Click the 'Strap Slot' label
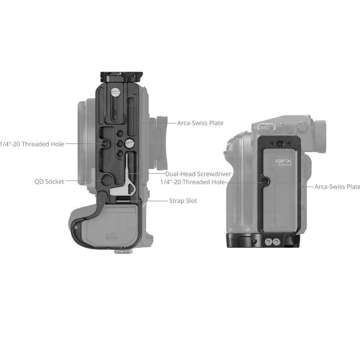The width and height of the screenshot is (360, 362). (x=183, y=201)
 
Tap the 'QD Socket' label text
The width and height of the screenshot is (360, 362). (x=49, y=181)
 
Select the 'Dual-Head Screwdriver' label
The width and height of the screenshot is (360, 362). (x=198, y=174)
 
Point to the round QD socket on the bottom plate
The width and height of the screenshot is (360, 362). (x=106, y=180)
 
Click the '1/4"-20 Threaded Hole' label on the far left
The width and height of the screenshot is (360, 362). (x=32, y=144)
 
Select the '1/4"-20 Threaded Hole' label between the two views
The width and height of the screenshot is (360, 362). (x=192, y=182)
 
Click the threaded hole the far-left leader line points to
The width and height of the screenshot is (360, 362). (x=105, y=143)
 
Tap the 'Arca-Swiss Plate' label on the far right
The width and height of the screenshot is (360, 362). (x=337, y=186)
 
